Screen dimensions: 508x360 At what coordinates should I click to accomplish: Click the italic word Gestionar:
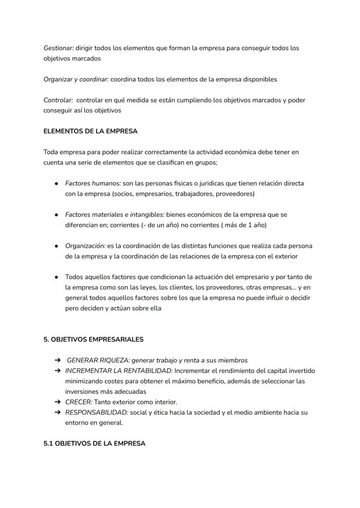coord(58,48)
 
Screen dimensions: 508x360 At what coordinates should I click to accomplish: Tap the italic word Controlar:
coord(58,100)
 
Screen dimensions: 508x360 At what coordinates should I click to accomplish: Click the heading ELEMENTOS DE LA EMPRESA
coord(90,131)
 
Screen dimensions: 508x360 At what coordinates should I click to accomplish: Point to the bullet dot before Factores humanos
coord(57,183)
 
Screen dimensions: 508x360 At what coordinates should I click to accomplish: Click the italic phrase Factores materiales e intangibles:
coord(115,215)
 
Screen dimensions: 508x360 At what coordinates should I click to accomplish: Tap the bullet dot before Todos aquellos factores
coord(57,277)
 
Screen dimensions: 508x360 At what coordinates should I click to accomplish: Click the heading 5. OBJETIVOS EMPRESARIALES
coord(93,339)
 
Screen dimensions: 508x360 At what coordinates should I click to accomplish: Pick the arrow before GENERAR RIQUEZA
coord(57,360)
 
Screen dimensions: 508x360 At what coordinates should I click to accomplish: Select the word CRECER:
coord(79,402)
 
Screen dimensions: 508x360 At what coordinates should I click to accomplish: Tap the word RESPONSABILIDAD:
coord(97,412)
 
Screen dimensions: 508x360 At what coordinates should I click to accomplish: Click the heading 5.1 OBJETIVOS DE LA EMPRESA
coord(94,444)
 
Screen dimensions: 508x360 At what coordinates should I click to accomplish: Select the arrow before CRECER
coord(57,402)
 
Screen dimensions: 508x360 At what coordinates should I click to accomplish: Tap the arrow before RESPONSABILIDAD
coord(57,412)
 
